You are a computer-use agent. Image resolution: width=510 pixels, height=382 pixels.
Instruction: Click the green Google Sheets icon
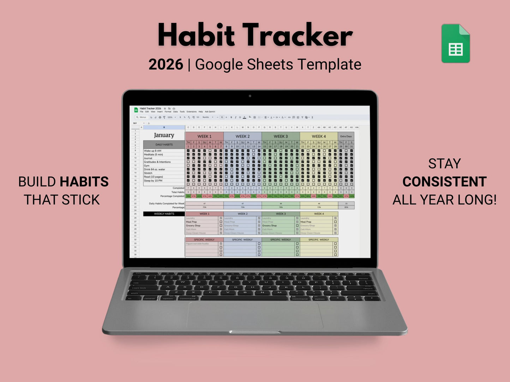point(455,44)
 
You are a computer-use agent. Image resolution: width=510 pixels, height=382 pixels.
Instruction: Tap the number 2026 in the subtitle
point(166,65)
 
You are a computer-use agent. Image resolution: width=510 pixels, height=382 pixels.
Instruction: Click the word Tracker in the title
point(298,35)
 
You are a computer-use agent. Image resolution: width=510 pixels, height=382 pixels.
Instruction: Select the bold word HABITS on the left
point(84,182)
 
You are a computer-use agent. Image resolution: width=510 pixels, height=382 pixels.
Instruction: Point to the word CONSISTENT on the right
point(444,182)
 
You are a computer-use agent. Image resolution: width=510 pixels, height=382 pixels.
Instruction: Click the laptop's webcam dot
point(250,96)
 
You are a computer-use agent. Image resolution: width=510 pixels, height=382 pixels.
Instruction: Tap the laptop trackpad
point(254,315)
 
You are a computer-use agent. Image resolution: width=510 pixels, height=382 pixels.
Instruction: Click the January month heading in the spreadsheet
point(164,135)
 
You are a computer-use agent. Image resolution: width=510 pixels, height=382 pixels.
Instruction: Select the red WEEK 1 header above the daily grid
point(204,136)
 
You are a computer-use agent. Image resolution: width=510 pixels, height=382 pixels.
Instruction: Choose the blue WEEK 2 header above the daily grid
point(242,136)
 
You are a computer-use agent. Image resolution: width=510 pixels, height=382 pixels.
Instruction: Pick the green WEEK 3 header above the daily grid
point(281,136)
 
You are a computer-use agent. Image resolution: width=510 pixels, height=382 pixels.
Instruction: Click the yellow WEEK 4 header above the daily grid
point(319,136)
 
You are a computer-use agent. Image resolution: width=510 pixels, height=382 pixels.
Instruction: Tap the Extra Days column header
point(346,136)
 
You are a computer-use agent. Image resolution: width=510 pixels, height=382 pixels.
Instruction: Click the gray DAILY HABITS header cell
point(164,144)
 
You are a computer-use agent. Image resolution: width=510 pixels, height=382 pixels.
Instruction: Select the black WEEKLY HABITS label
point(164,214)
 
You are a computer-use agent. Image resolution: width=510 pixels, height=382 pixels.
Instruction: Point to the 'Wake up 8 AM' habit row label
point(152,151)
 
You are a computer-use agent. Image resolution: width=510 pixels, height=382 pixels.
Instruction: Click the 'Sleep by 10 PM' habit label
point(153,181)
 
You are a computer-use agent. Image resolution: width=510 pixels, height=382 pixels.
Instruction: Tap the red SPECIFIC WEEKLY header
point(204,240)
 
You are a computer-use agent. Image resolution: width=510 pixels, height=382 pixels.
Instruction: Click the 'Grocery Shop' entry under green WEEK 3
point(269,226)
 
